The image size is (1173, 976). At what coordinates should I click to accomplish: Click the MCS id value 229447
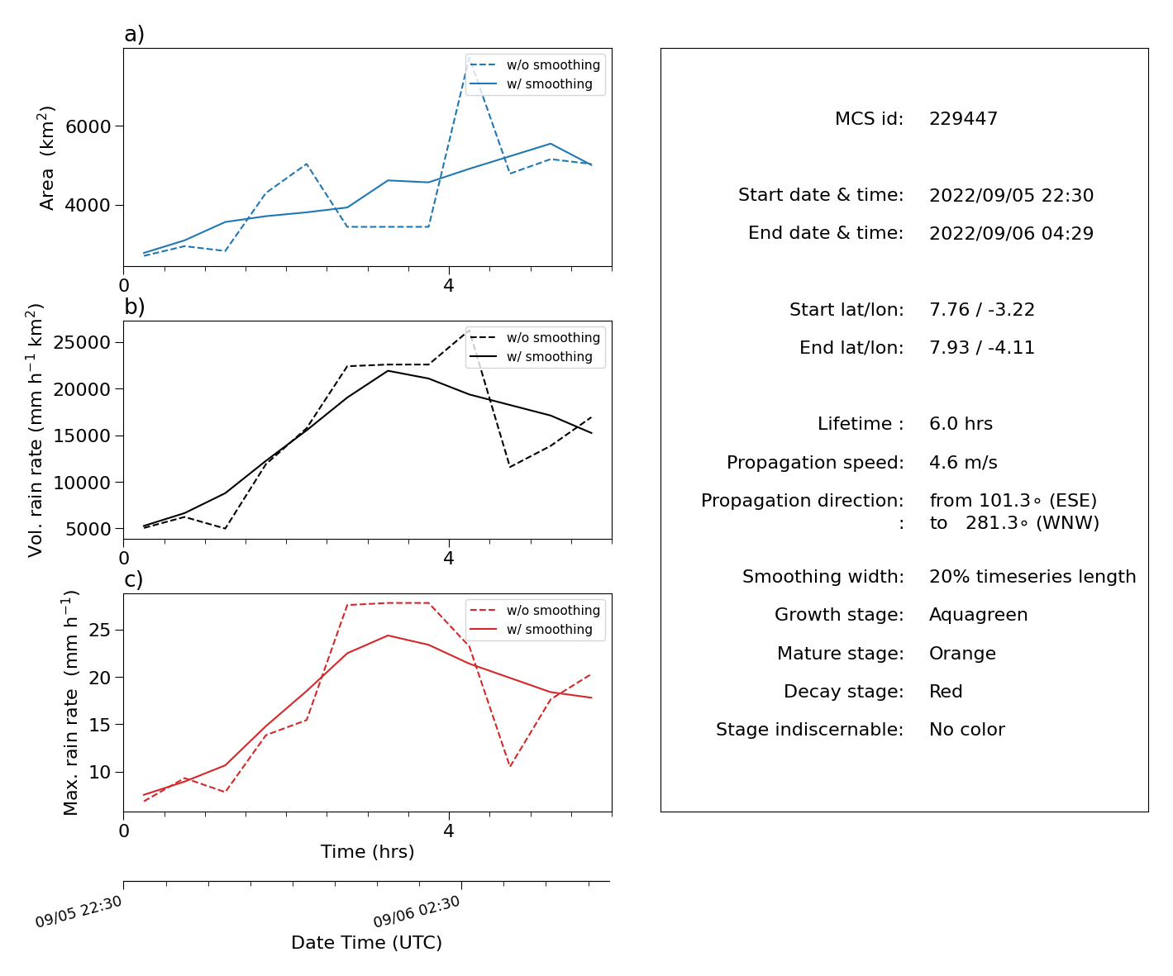click(x=963, y=118)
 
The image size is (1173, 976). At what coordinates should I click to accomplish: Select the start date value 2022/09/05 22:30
click(x=1011, y=195)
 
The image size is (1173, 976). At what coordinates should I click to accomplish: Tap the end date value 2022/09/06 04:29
click(x=1011, y=233)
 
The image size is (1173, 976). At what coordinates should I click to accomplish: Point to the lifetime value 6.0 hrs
click(x=961, y=423)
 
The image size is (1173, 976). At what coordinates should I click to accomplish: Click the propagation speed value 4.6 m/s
click(x=963, y=462)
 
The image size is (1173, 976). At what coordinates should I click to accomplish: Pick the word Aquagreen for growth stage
click(x=978, y=615)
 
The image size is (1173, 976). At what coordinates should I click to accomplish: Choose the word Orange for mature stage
click(x=962, y=654)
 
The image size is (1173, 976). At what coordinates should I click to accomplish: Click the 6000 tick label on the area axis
click(x=88, y=126)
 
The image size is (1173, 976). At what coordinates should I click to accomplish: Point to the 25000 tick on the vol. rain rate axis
click(x=82, y=342)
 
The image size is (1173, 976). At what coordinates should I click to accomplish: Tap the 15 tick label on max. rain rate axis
click(x=99, y=725)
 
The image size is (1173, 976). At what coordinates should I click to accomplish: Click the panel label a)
click(x=134, y=34)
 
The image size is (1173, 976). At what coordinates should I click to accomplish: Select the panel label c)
click(x=134, y=579)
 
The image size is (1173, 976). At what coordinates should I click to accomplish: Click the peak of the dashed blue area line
click(x=469, y=57)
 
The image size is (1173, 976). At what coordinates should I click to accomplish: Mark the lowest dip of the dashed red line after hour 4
click(x=509, y=767)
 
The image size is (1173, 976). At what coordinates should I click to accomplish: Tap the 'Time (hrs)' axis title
click(x=367, y=851)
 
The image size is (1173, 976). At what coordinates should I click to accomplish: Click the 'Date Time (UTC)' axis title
click(x=366, y=942)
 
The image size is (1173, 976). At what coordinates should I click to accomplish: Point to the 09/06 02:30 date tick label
click(x=417, y=911)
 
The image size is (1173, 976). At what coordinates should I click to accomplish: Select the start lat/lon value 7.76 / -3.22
click(x=981, y=309)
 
